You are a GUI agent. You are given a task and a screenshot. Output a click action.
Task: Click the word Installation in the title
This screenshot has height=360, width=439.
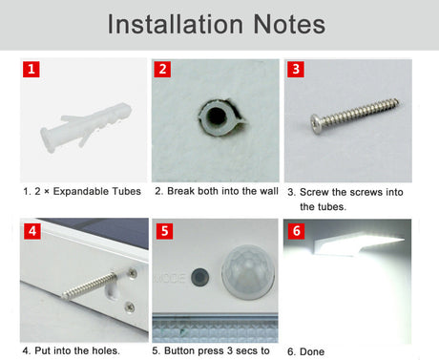[176, 24]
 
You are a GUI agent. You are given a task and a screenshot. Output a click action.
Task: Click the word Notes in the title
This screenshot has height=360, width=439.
[289, 24]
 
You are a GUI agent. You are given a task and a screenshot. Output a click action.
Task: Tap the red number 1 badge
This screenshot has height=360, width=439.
[31, 69]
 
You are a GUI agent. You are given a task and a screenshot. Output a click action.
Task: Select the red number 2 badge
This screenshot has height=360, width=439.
[162, 69]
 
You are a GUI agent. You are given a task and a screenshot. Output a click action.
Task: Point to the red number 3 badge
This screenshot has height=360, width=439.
[296, 69]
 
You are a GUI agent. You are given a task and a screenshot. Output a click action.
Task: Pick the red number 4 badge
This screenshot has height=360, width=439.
[32, 231]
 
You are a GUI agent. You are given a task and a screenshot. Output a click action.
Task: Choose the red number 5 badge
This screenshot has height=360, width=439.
[164, 231]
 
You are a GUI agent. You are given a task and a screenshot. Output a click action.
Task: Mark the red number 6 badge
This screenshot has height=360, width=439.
[297, 231]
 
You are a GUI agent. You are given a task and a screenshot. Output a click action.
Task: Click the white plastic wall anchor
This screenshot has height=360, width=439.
[85, 127]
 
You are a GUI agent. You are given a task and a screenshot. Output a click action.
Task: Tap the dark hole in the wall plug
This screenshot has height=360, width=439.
[217, 116]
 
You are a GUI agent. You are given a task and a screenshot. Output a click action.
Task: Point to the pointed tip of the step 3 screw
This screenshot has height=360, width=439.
[397, 101]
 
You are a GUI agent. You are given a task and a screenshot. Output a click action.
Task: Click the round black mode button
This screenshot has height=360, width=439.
[200, 277]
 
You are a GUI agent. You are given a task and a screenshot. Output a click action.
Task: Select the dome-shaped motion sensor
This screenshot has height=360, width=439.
[248, 271]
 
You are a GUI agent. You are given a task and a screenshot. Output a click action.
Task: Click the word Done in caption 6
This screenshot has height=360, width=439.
[312, 351]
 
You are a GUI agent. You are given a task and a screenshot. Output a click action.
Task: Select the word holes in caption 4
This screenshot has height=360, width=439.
[106, 350]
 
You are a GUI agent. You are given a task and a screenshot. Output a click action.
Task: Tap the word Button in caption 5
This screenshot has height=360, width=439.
[178, 350]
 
